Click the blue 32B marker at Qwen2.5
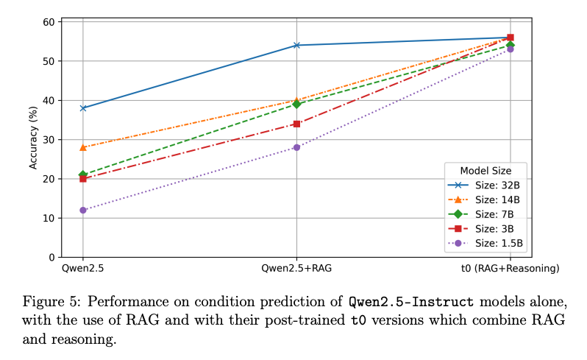[x=83, y=108]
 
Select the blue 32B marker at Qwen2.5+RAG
[x=296, y=45]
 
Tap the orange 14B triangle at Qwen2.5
[x=83, y=147]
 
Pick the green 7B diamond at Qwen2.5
[x=83, y=174]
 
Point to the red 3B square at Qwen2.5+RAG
[x=296, y=124]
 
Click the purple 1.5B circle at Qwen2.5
[x=83, y=210]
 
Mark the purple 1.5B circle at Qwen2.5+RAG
[x=296, y=147]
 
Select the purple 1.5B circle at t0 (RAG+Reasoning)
[x=510, y=49]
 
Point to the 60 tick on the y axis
[x=48, y=22]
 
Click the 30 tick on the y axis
[x=48, y=140]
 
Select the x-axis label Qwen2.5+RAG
[x=296, y=269]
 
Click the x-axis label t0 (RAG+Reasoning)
[x=510, y=269]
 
